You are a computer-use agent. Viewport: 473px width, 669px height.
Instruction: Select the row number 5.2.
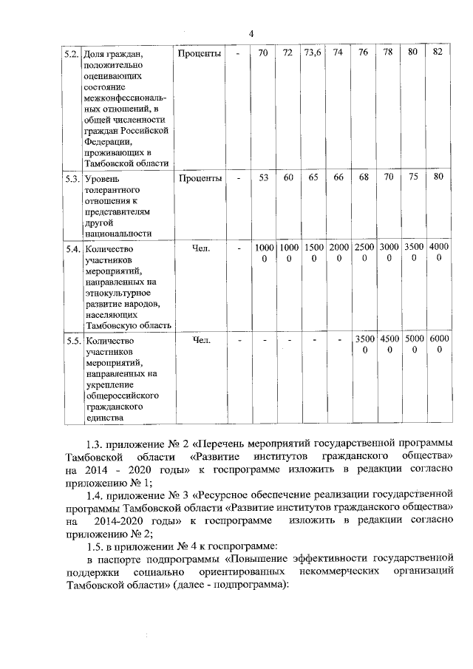(72, 54)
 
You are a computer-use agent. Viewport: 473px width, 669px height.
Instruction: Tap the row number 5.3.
(72, 178)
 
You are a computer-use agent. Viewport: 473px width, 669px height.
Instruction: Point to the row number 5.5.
(72, 341)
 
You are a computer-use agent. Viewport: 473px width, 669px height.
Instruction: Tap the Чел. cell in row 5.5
(200, 340)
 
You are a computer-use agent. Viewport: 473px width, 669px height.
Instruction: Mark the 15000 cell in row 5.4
(314, 253)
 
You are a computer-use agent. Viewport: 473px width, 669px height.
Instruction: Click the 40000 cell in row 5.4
(439, 253)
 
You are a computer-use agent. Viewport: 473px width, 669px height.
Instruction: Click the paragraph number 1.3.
(96, 444)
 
